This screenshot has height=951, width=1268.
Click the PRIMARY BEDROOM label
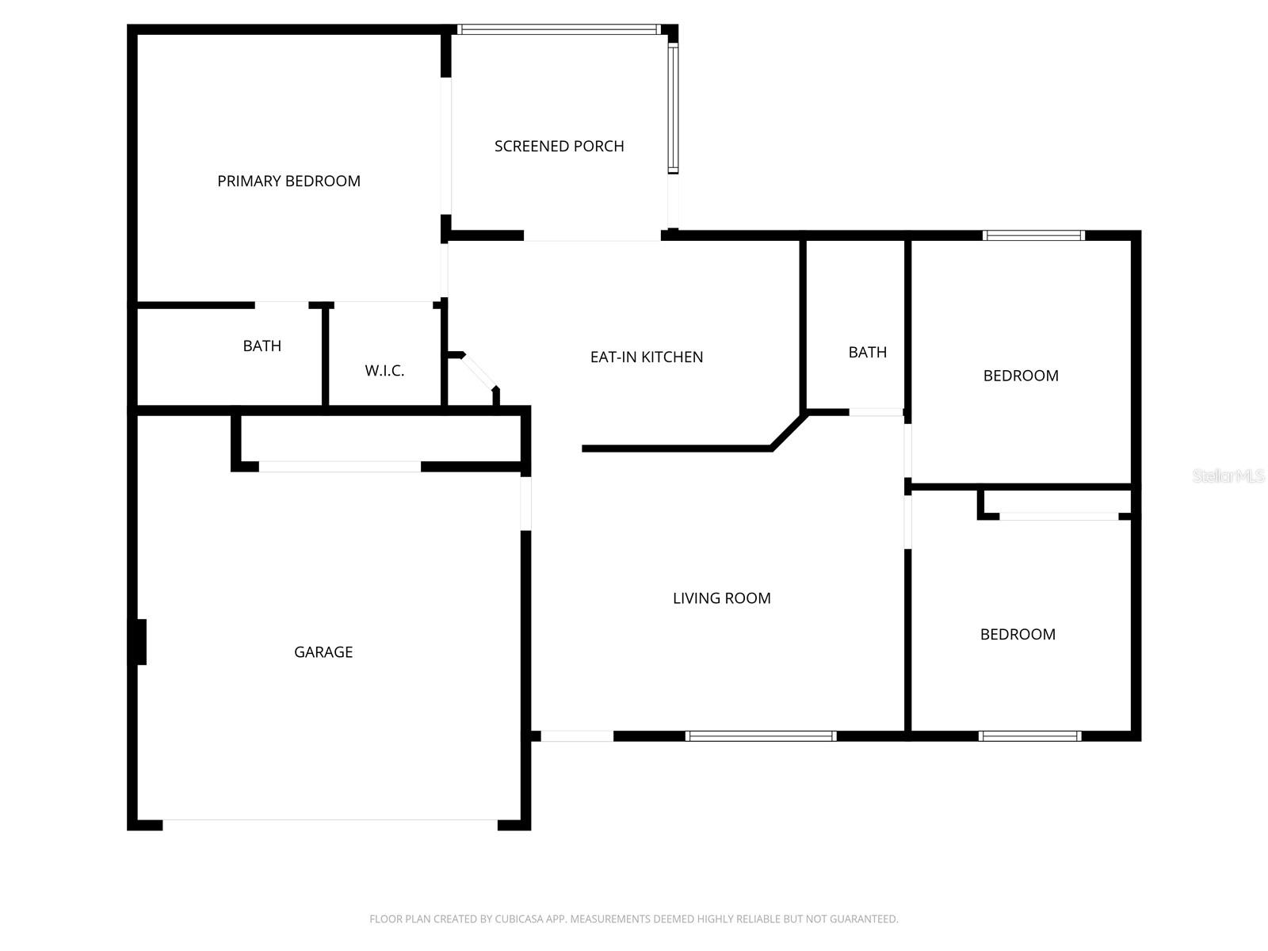tap(288, 181)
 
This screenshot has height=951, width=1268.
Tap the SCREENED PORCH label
tap(559, 146)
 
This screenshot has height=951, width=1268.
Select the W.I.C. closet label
tap(384, 370)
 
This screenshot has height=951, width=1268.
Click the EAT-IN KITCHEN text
tap(646, 357)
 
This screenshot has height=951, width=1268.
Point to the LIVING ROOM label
tap(721, 598)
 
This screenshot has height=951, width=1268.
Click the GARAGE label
tap(323, 651)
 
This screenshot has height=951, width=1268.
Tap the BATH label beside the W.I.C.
tap(262, 346)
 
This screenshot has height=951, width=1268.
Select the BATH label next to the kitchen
tap(867, 352)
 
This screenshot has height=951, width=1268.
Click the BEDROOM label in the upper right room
tap(1020, 376)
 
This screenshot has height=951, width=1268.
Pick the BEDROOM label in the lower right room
tap(1018, 634)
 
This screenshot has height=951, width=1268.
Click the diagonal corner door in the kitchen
tap(479, 372)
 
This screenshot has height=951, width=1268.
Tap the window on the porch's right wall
tap(673, 109)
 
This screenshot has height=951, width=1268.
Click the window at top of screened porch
tap(559, 30)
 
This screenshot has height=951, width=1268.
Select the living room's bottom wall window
tap(760, 736)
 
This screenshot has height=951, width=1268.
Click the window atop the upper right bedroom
tap(1033, 235)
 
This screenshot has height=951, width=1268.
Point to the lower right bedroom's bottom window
tap(1029, 736)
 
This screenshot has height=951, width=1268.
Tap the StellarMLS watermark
tap(1228, 475)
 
